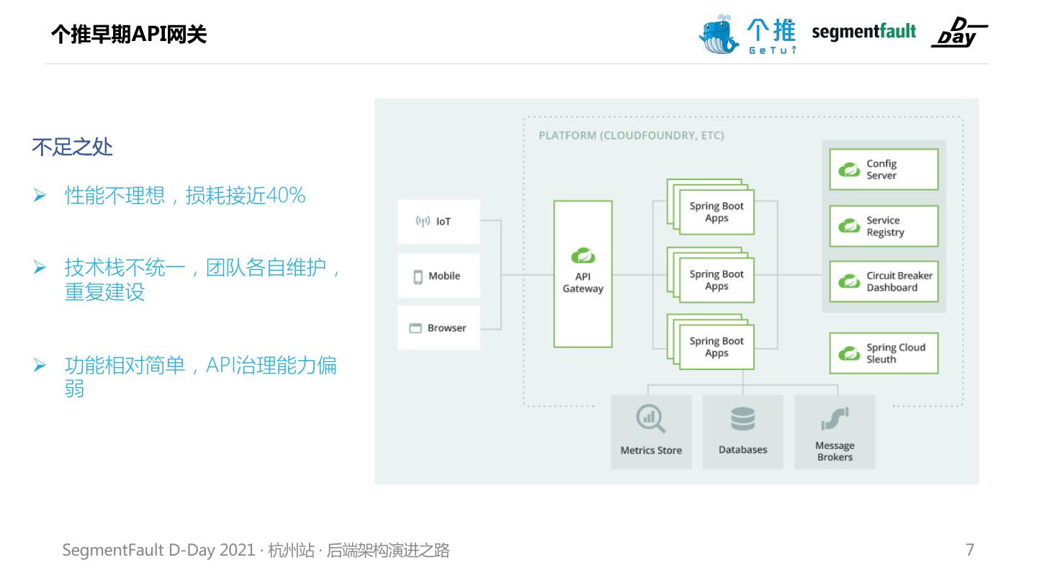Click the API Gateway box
(x=583, y=274)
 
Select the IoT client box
(x=439, y=221)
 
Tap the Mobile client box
(x=439, y=276)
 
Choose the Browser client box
(x=439, y=328)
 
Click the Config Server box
(x=884, y=170)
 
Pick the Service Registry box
(x=884, y=226)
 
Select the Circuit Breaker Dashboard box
(x=884, y=281)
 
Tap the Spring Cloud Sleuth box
(x=884, y=353)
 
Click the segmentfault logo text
(x=863, y=32)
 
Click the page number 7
(x=970, y=550)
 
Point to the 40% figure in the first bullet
(x=286, y=195)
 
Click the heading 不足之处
(x=72, y=148)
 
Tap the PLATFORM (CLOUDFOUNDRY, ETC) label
(x=631, y=135)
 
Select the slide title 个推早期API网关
(x=129, y=34)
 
